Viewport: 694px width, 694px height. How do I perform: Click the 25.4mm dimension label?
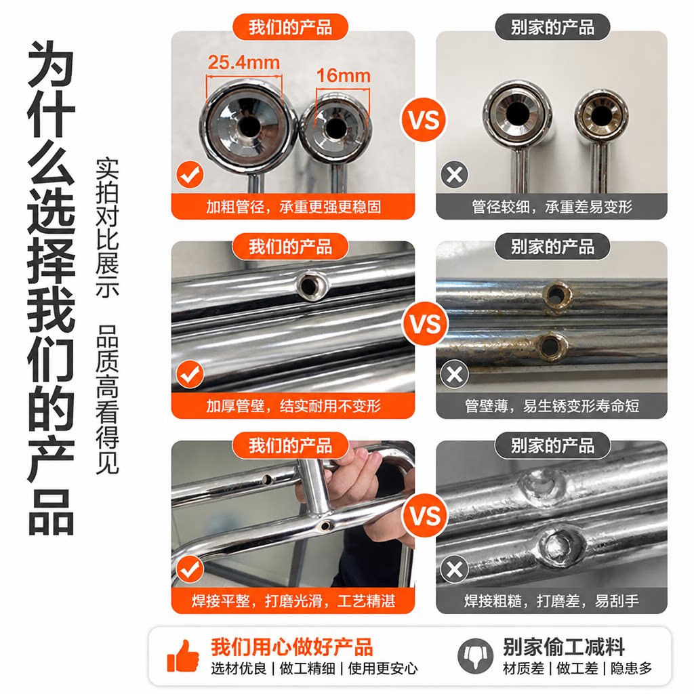click(x=243, y=62)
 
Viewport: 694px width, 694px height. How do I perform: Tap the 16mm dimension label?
click(x=343, y=76)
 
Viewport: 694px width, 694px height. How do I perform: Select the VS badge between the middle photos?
click(x=425, y=324)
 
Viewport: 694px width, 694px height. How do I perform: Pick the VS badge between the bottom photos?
click(x=425, y=516)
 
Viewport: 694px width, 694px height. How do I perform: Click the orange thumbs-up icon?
click(x=183, y=656)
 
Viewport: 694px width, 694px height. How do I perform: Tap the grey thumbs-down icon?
click(x=475, y=655)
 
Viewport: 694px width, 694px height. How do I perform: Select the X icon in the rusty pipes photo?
click(x=454, y=374)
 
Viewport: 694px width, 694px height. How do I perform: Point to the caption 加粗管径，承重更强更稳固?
click(x=293, y=207)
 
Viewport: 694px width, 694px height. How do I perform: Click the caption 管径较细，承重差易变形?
click(x=552, y=207)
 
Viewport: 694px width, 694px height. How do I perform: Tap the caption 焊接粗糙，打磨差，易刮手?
click(x=552, y=600)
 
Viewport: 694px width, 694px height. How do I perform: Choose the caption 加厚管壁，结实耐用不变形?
click(x=293, y=405)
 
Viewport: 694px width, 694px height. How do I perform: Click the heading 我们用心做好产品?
click(x=291, y=647)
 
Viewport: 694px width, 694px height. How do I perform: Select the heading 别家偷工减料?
click(x=563, y=647)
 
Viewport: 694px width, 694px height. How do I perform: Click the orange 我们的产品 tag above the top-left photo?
click(x=290, y=27)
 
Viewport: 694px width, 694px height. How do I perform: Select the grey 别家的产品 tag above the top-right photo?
click(x=552, y=27)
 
